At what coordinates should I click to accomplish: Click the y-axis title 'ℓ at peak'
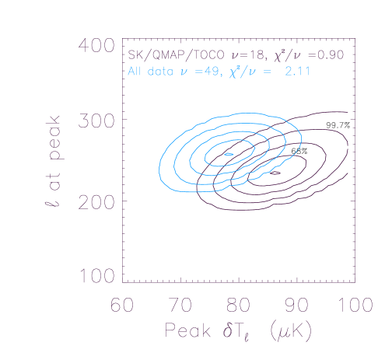pyautogui.click(x=53, y=162)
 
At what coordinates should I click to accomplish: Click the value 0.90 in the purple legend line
pyautogui.click(x=340, y=56)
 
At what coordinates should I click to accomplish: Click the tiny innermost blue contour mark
pyautogui.click(x=229, y=154)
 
